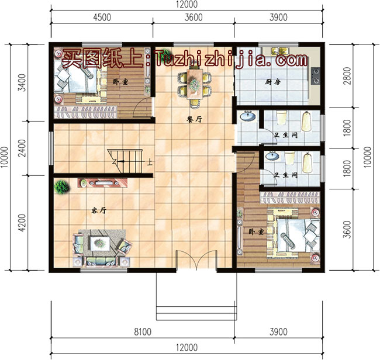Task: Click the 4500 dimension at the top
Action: click(x=102, y=17)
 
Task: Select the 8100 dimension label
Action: click(x=143, y=332)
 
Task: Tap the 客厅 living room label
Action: click(x=98, y=209)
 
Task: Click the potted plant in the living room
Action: click(x=60, y=188)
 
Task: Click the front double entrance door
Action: click(x=196, y=261)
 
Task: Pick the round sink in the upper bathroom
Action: click(x=248, y=117)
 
